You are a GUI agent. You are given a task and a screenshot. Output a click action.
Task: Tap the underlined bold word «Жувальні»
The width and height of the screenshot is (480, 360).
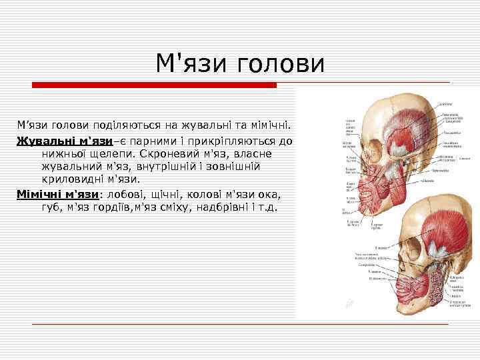pos(46,141)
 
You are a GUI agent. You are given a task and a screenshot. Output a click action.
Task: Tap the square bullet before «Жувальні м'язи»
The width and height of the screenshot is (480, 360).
pos(11,141)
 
